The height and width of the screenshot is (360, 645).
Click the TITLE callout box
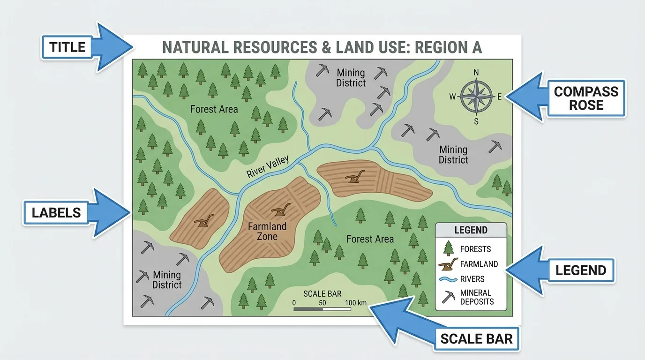tap(67, 47)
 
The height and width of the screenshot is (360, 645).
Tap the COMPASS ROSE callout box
tap(586, 97)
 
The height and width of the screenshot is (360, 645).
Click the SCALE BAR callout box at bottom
tap(476, 338)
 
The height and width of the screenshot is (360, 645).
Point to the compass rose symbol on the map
tap(476, 97)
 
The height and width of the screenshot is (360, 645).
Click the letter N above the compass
tap(476, 72)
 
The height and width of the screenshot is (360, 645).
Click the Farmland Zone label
tap(267, 231)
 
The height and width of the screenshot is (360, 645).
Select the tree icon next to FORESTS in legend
tap(449, 248)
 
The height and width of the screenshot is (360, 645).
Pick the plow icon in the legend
tap(449, 264)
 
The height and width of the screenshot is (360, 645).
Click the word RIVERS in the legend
tap(472, 279)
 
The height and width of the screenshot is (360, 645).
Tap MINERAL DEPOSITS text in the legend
tap(477, 297)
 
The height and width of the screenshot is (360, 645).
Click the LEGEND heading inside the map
tap(471, 230)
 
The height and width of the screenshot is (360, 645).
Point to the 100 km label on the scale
tap(356, 303)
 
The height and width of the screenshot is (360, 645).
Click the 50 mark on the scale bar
tap(322, 303)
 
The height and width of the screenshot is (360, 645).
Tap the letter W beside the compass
tap(452, 97)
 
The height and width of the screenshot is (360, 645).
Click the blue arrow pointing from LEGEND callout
tap(525, 270)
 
